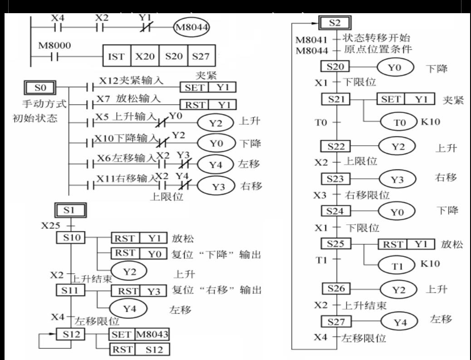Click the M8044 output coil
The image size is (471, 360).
coord(191,27)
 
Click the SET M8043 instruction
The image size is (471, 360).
coord(139,335)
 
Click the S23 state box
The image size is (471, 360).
coord(336,178)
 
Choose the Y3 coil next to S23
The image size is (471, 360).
coord(397,179)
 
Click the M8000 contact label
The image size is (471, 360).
coord(51,47)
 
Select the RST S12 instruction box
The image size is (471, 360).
coord(139,350)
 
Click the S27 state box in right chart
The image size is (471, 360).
coord(336,321)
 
